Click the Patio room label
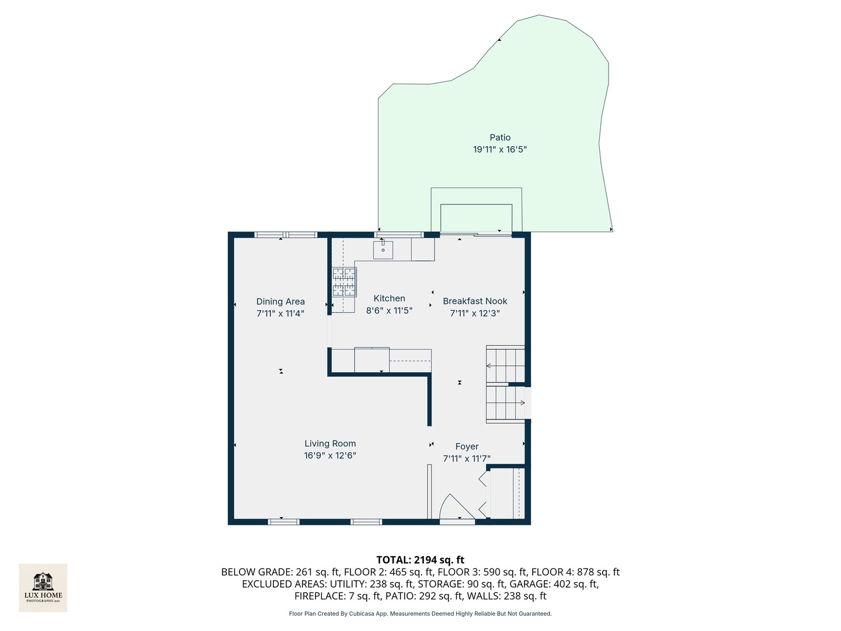pyautogui.click(x=500, y=137)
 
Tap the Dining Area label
pyautogui.click(x=280, y=301)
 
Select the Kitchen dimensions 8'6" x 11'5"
pyautogui.click(x=389, y=310)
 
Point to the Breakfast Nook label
pyautogui.click(x=475, y=301)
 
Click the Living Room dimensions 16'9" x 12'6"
pyautogui.click(x=330, y=456)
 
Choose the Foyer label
pyautogui.click(x=467, y=446)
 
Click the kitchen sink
pyautogui.click(x=383, y=250)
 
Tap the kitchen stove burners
pyautogui.click(x=344, y=282)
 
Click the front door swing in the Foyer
pyautogui.click(x=457, y=507)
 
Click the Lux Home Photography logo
pyautogui.click(x=43, y=588)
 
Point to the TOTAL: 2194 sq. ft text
pyautogui.click(x=420, y=560)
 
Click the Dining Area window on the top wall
pyautogui.click(x=286, y=235)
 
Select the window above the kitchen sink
pyautogui.click(x=399, y=235)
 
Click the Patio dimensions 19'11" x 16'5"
pyautogui.click(x=500, y=150)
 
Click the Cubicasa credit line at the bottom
pyautogui.click(x=420, y=613)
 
